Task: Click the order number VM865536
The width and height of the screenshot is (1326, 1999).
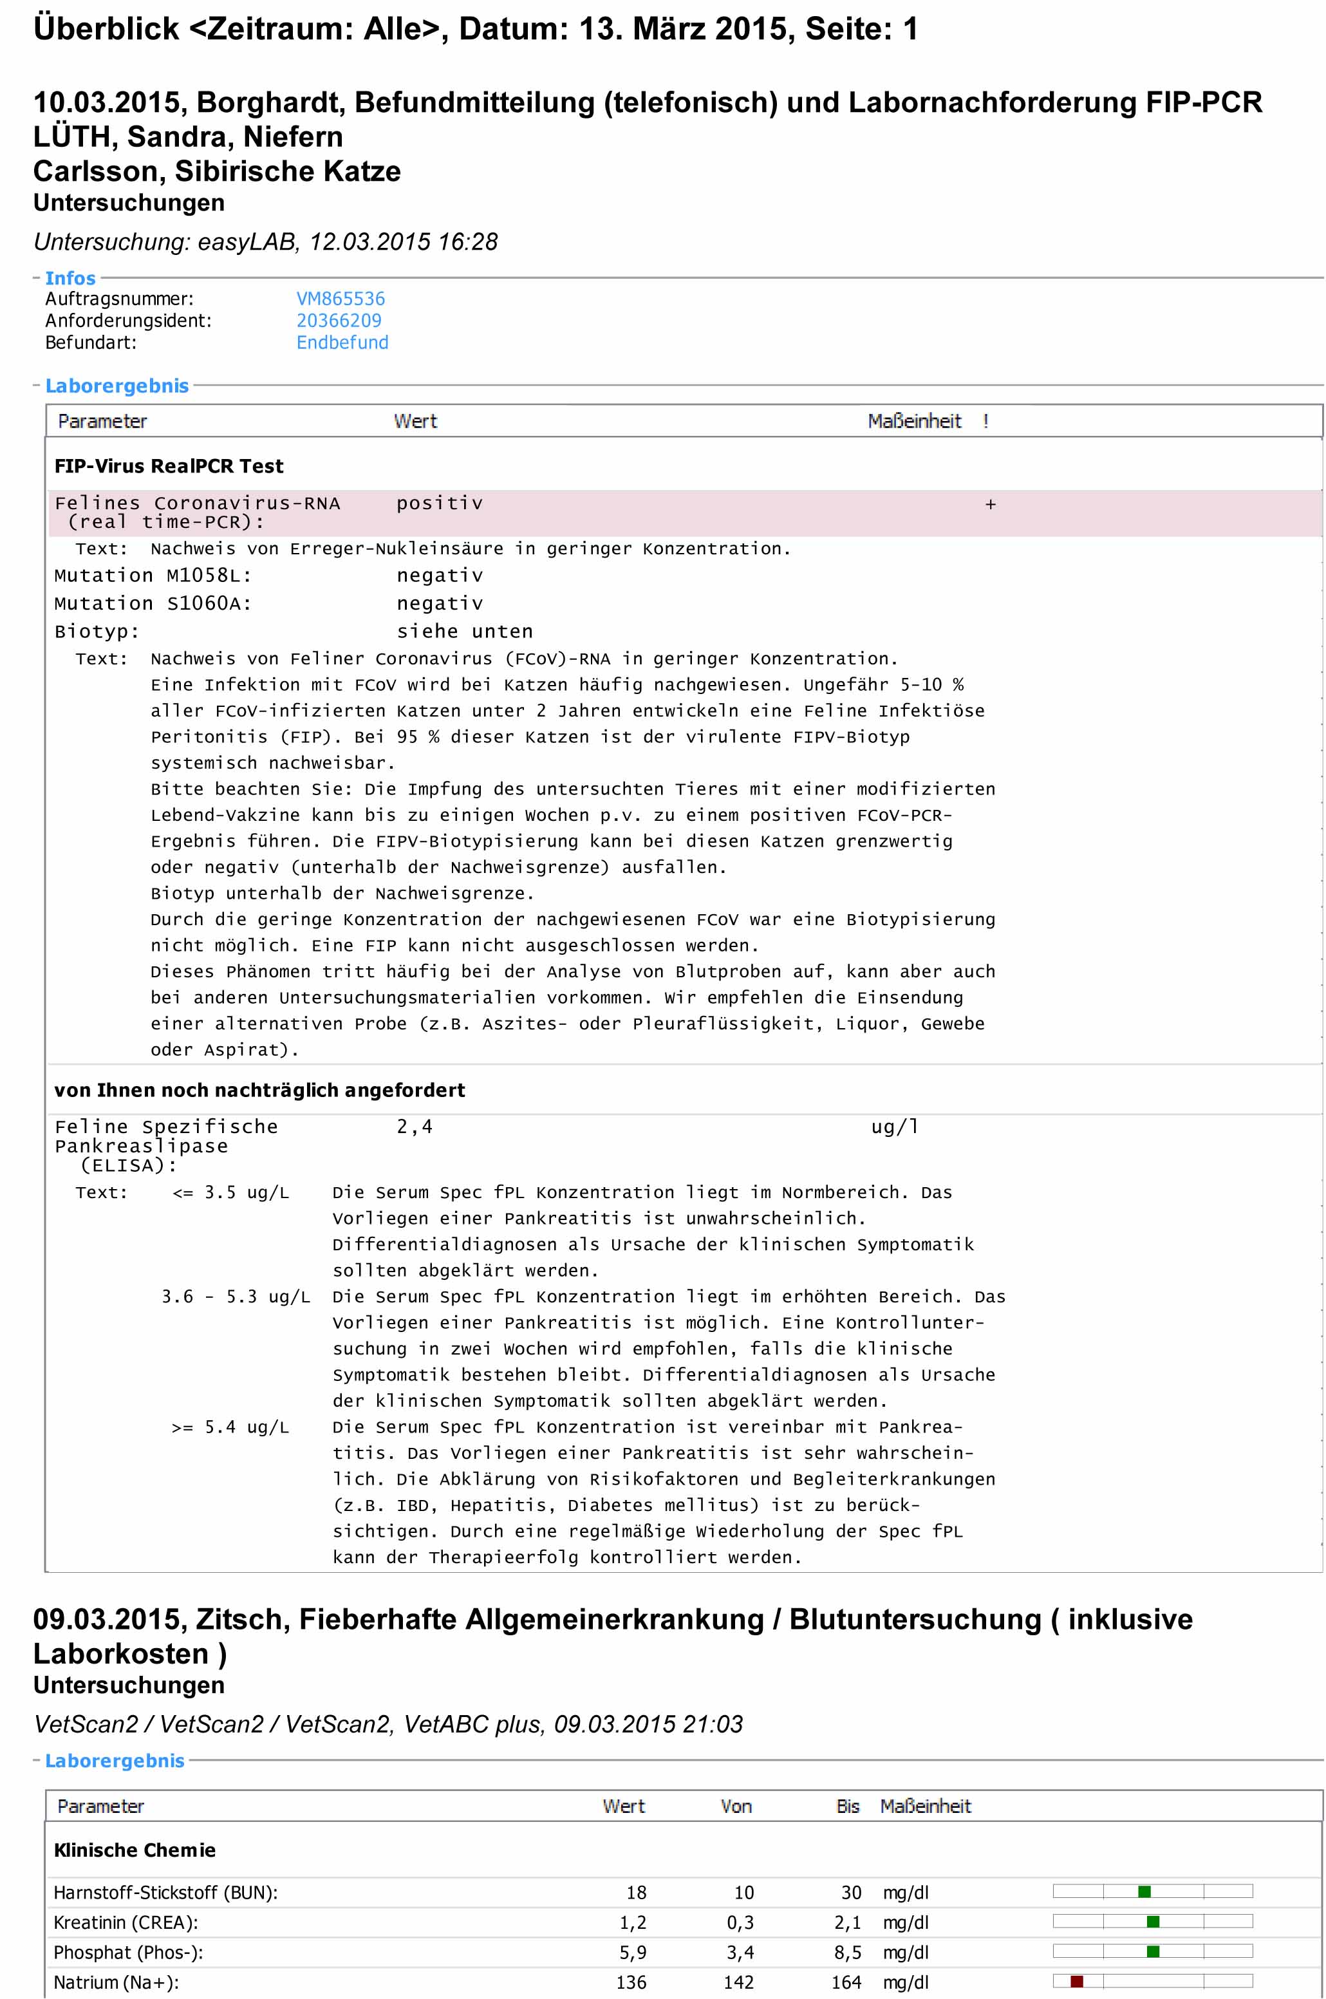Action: point(340,299)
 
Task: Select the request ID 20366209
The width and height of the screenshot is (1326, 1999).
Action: point(339,321)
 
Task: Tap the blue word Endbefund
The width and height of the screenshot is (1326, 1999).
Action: point(342,343)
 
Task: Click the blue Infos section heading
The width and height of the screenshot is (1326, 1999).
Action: point(70,278)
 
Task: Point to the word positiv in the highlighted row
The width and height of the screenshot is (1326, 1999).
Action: point(440,503)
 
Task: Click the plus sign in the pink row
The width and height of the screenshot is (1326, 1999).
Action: point(990,505)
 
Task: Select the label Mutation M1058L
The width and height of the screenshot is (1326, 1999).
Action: point(152,576)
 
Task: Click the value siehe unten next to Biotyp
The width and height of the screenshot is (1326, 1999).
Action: point(464,632)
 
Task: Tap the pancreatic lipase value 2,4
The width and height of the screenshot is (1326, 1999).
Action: point(415,1127)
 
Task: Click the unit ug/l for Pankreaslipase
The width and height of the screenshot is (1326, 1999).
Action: point(895,1127)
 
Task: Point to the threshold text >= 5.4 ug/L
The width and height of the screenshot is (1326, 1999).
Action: point(230,1427)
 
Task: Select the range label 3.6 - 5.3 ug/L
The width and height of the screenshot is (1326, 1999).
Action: point(235,1297)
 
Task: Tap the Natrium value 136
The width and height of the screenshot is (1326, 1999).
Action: point(631,1982)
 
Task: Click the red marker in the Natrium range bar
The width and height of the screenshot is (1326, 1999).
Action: point(1076,1981)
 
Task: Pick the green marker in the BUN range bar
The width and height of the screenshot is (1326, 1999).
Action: point(1144,1891)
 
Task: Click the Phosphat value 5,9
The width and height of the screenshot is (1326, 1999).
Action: point(633,1953)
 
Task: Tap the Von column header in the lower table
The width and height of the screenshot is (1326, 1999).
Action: point(736,1807)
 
